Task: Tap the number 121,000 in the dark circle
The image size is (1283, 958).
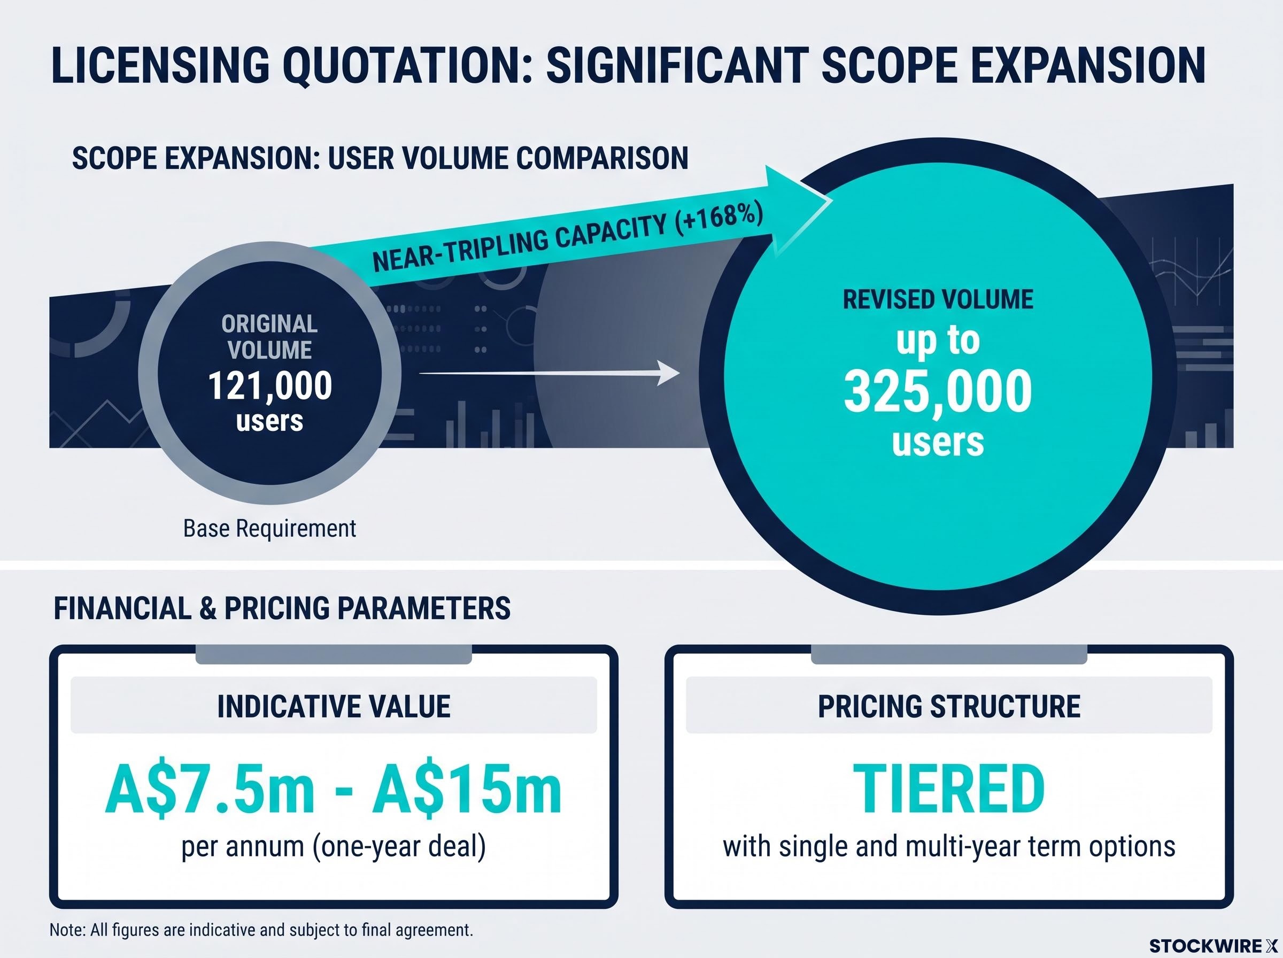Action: (x=270, y=385)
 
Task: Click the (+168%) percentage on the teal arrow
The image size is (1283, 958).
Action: (x=718, y=223)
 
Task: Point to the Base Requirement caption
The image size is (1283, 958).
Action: (x=269, y=528)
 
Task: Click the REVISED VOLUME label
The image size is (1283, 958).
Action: (x=938, y=299)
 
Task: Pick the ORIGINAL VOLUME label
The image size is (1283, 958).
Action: (x=269, y=336)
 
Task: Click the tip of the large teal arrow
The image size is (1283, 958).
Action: (x=832, y=201)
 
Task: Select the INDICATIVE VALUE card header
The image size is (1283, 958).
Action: (x=334, y=706)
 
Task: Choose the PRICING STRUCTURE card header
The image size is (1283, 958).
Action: (x=949, y=706)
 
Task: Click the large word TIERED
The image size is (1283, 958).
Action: (x=949, y=790)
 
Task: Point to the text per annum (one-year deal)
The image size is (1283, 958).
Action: (x=334, y=847)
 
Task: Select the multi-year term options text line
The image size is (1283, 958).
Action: (x=949, y=847)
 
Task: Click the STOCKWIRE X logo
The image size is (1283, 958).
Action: (x=1214, y=946)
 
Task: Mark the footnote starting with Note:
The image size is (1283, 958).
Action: (x=261, y=930)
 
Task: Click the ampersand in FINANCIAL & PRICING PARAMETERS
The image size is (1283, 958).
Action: (x=207, y=608)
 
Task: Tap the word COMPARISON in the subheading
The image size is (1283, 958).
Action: (x=602, y=158)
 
